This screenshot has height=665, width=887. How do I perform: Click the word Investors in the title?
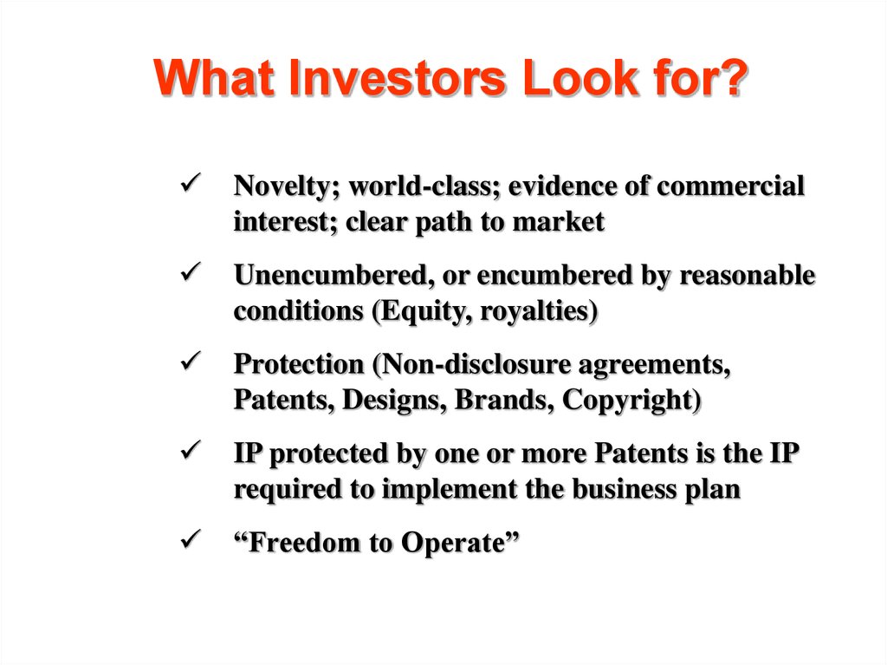(397, 78)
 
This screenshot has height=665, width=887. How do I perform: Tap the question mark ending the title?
(733, 77)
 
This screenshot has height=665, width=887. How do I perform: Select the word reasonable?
(747, 276)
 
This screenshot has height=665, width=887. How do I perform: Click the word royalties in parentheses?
(539, 311)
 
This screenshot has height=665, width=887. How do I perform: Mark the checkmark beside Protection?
(191, 361)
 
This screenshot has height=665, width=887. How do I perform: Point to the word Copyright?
(631, 401)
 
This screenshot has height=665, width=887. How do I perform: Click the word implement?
(450, 490)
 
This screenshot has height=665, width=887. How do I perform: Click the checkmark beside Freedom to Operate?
(191, 539)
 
